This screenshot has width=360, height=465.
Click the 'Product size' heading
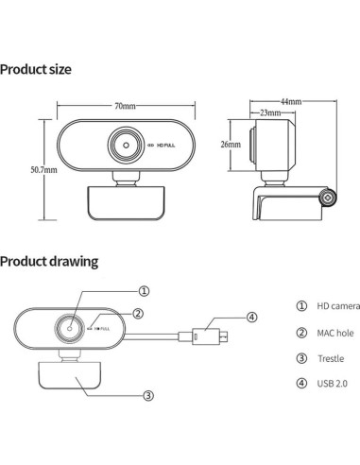[x=36, y=70]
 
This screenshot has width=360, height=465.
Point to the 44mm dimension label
[x=292, y=101]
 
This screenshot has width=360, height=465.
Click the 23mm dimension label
[x=269, y=113]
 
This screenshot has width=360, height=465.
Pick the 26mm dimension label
[x=230, y=145]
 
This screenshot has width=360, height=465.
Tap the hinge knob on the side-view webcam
[x=328, y=199]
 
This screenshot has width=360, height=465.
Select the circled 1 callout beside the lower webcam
[x=144, y=291]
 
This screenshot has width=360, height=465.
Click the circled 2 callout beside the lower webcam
[x=138, y=313]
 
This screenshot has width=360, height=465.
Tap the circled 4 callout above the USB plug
[x=252, y=317]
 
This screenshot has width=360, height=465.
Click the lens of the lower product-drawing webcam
[x=69, y=326]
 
